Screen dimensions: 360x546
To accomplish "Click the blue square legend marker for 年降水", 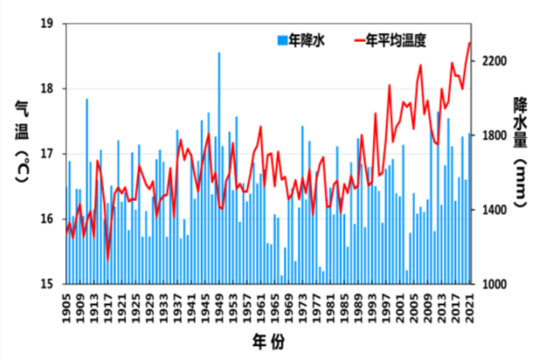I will coord(281,40).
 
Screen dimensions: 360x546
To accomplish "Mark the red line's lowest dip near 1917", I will coord(107,260).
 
